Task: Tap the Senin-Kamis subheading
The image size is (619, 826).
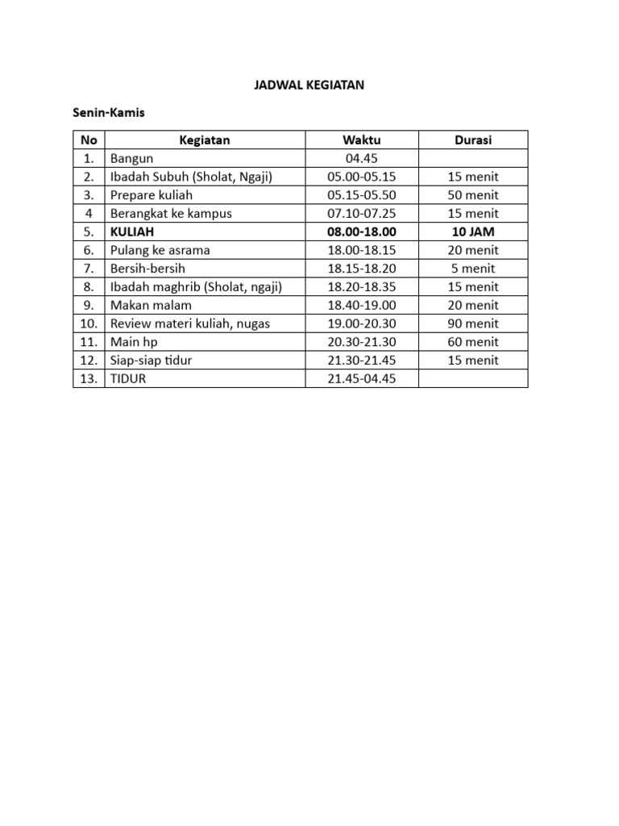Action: [x=109, y=113]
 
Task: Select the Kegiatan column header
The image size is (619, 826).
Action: [x=205, y=140]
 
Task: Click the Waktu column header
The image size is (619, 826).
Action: [x=361, y=140]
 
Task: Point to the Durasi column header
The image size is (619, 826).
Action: [x=473, y=140]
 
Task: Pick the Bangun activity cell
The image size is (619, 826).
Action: [x=132, y=158]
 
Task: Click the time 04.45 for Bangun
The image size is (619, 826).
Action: [x=361, y=158]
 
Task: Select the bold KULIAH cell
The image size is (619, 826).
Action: [x=132, y=232]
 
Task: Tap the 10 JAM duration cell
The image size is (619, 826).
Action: [x=473, y=232]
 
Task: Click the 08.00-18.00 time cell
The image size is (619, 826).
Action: [x=361, y=232]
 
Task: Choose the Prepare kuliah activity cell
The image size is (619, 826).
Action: [x=152, y=195]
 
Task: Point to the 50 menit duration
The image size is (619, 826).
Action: [x=473, y=195]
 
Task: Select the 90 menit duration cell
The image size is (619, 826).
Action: [x=473, y=323]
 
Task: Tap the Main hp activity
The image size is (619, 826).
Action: [x=134, y=342]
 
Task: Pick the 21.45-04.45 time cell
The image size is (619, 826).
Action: [x=361, y=379]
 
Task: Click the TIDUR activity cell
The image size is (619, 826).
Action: [x=129, y=379]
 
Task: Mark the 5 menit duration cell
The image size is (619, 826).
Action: [x=473, y=269]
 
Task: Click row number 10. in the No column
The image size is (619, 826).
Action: [x=89, y=323]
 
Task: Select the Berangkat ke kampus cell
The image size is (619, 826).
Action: [x=171, y=214]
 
